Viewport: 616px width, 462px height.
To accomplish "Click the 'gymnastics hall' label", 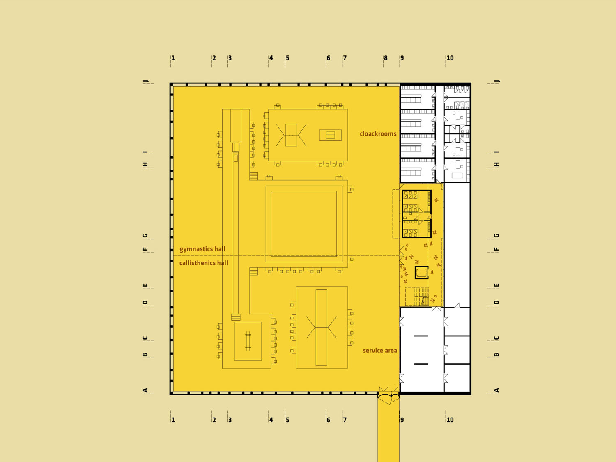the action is tap(202, 249).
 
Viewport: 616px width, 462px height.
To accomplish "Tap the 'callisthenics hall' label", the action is tap(203, 263).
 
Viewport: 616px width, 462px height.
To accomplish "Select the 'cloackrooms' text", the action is tap(378, 134).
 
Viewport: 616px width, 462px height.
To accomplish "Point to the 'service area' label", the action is tap(380, 351).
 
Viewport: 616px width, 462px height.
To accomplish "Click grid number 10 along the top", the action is tap(450, 58).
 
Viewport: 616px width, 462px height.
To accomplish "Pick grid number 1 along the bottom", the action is tap(173, 420).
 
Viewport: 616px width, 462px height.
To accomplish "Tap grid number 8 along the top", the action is tap(386, 58).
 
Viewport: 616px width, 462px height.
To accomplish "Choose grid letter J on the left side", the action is tap(145, 81).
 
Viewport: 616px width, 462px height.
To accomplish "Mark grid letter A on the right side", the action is tap(496, 390).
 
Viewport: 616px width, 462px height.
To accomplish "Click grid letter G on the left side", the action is tap(145, 235).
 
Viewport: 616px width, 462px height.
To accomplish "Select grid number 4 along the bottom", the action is tap(271, 420).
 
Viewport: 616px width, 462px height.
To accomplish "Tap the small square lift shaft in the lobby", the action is tap(421, 272).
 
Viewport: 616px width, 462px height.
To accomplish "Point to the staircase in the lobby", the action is tap(421, 297).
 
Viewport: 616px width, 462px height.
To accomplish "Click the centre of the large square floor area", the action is tap(304, 223).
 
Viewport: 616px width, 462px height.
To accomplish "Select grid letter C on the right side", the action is tap(496, 338).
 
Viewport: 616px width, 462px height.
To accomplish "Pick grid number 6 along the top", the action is tap(329, 58).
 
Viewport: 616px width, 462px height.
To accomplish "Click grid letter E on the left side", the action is tap(145, 285).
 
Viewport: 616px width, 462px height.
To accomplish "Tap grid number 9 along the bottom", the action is tap(402, 420).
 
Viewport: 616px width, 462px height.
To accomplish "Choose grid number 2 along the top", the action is tap(214, 58).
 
